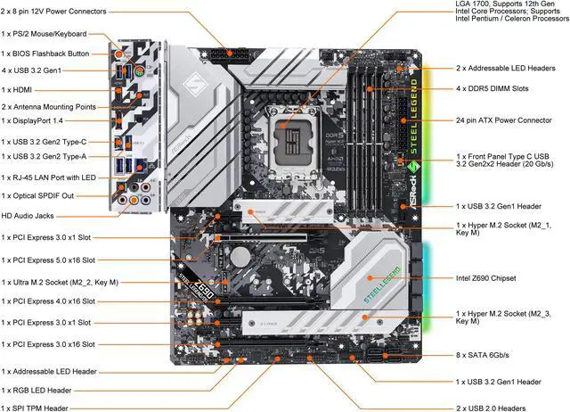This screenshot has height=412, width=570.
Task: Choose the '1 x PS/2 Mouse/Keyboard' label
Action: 45,34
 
